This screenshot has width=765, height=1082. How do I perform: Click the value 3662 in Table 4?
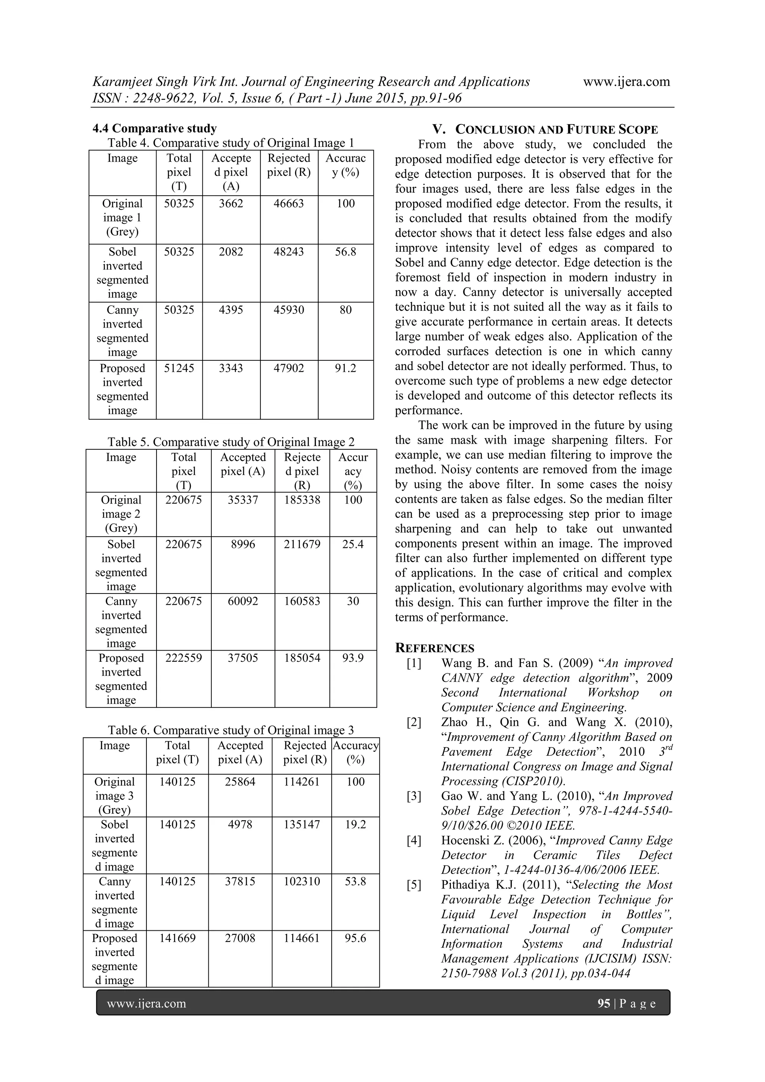[231, 204]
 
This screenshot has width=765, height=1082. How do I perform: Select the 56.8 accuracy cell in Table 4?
[346, 252]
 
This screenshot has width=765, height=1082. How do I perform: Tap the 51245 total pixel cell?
[179, 368]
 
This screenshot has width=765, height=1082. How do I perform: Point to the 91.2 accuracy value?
[346, 368]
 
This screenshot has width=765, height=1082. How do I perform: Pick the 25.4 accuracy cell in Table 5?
[353, 544]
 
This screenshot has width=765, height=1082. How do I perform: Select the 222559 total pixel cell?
[183, 658]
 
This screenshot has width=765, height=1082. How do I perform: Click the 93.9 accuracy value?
[353, 658]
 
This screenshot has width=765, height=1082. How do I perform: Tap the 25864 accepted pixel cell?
[240, 782]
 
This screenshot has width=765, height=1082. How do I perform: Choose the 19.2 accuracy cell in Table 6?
[355, 825]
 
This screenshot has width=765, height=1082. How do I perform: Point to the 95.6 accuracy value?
[355, 938]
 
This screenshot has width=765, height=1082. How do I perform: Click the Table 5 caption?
[231, 442]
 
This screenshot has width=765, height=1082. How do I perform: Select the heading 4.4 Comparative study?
[155, 128]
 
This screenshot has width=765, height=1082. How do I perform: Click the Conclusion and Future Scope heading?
[545, 130]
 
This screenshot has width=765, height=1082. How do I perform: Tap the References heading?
[434, 648]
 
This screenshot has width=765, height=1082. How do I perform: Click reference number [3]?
[414, 796]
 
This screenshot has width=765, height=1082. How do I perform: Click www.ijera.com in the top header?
[626, 82]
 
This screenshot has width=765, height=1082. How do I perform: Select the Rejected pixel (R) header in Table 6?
[304, 753]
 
